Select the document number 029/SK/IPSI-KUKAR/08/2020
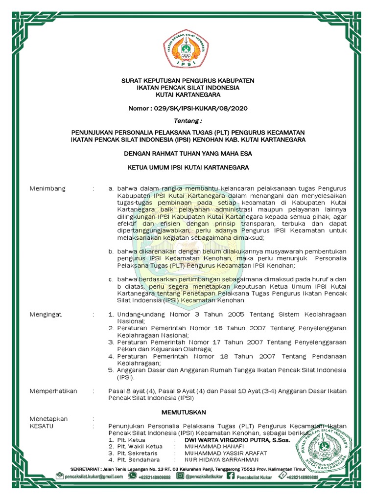[188, 108]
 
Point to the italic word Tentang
[188, 120]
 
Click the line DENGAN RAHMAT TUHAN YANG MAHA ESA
[188, 154]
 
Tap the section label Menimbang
[47, 188]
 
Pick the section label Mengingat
[46, 315]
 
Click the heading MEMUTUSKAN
[184, 412]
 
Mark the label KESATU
[42, 426]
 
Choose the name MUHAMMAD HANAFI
[211, 447]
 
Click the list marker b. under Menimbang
[111, 250]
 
